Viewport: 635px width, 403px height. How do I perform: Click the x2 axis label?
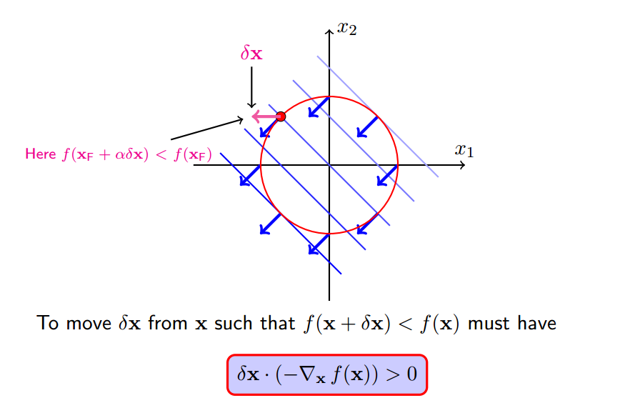pyautogui.click(x=347, y=29)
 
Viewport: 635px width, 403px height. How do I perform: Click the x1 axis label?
pyautogui.click(x=464, y=150)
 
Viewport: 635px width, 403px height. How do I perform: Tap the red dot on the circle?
pyautogui.click(x=280, y=116)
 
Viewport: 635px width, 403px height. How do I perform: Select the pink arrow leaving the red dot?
pyautogui.click(x=264, y=116)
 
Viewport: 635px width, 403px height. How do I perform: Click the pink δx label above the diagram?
pyautogui.click(x=251, y=54)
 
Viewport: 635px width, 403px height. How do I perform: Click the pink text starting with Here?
pyautogui.click(x=119, y=154)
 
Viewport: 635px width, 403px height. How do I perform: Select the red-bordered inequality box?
pyautogui.click(x=327, y=374)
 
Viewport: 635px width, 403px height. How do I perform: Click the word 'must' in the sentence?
pyautogui.click(x=489, y=324)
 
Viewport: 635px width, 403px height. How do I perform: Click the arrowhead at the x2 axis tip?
pyautogui.click(x=329, y=31)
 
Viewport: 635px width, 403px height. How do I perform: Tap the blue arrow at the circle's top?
pyautogui.click(x=319, y=106)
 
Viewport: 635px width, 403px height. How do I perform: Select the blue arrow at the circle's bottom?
pyautogui.click(x=319, y=244)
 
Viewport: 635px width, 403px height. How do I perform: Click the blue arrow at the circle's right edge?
pyautogui.click(x=387, y=175)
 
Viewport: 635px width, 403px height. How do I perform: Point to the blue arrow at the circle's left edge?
pyautogui.click(x=250, y=175)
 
